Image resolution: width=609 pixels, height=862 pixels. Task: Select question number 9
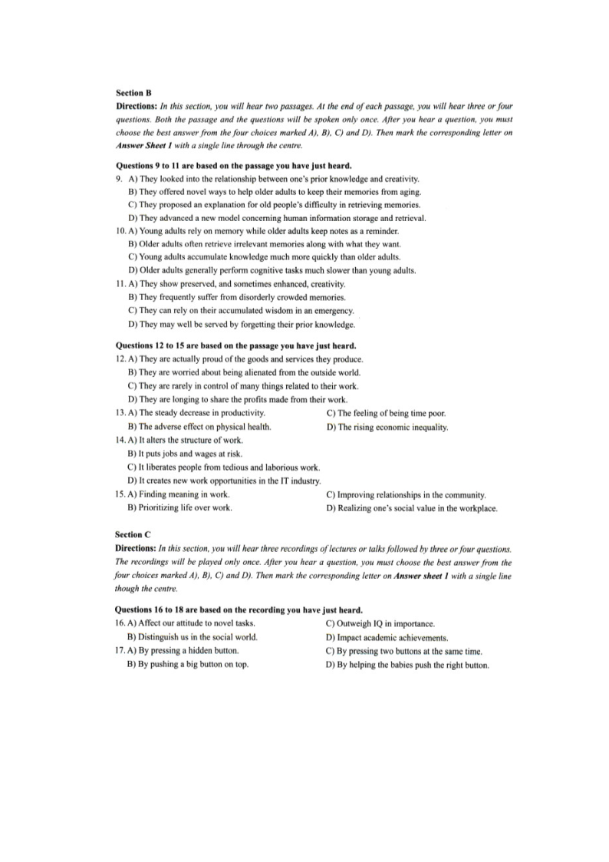click(x=119, y=179)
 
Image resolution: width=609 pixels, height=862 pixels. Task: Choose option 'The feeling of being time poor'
click(x=391, y=413)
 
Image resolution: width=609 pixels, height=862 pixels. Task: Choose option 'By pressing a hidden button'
click(x=189, y=651)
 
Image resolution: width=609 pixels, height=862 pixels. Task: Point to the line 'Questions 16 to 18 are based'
click(x=238, y=610)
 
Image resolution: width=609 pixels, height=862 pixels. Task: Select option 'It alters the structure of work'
click(x=189, y=440)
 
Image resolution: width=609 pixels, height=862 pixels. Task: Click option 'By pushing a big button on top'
click(x=193, y=665)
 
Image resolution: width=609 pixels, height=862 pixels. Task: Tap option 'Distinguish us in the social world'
click(x=197, y=637)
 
